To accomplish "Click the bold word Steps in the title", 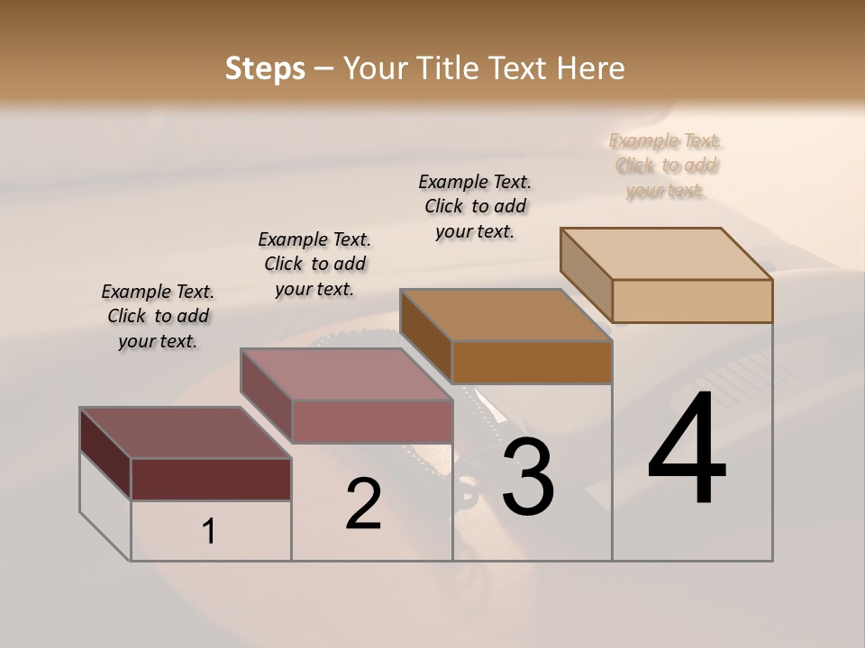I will tap(265, 68).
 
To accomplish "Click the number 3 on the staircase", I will tap(528, 476).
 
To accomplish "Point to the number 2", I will tap(363, 503).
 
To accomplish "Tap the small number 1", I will tap(208, 532).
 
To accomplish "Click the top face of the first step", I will tap(185, 433).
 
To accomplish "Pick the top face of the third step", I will tap(505, 315).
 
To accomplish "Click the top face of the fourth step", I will tap(666, 253).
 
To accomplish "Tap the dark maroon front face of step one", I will tap(211, 479).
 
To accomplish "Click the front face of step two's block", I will tap(372, 421).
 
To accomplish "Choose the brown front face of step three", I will tap(532, 363).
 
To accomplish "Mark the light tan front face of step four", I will tap(692, 301).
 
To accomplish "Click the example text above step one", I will tap(158, 316).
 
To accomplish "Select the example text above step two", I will tap(314, 264).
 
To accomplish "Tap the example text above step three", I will tap(475, 206).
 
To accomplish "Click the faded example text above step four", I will tap(666, 166).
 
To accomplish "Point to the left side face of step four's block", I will tap(586, 274).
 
